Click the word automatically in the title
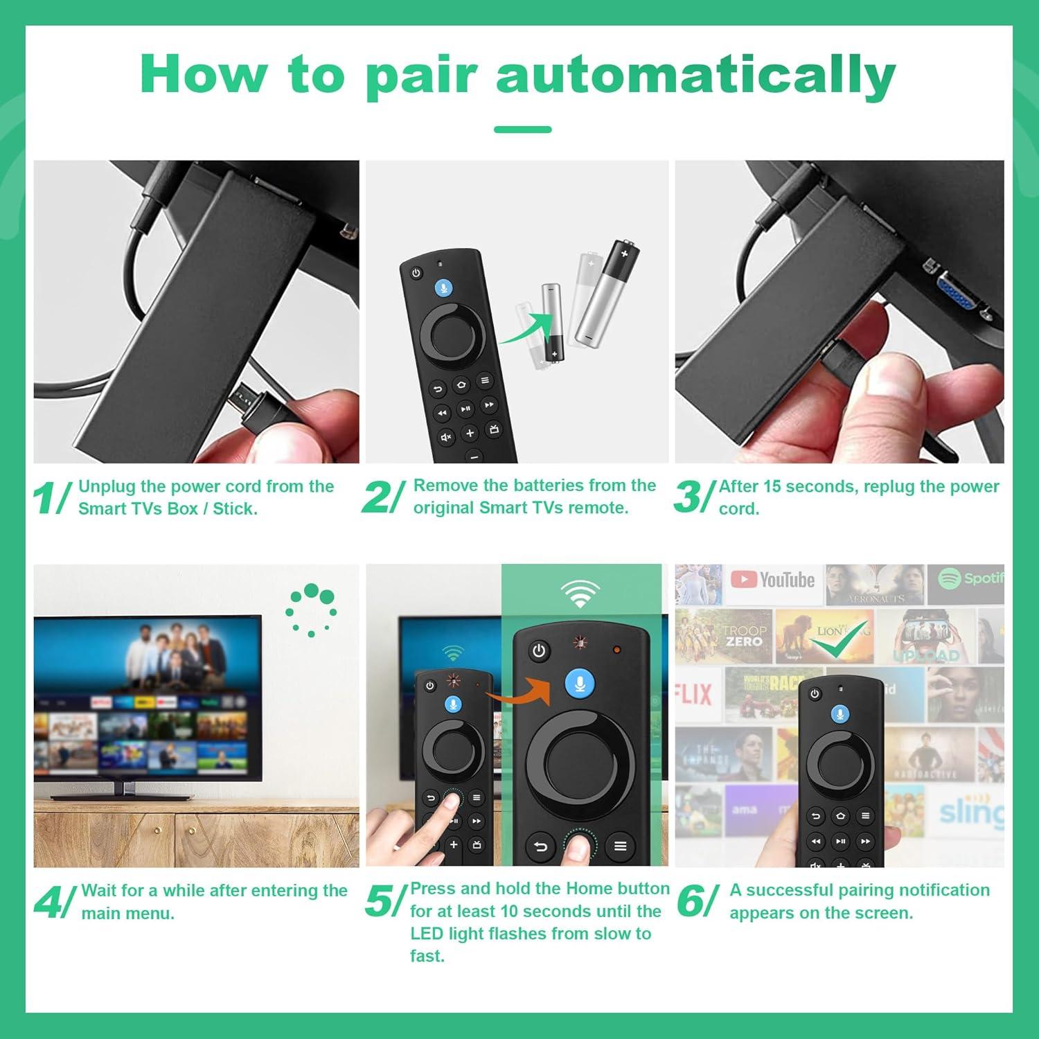695,75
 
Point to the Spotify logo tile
970,578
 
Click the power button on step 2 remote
416,273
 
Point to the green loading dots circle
311,610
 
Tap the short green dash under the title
523,130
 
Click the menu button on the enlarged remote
620,846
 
